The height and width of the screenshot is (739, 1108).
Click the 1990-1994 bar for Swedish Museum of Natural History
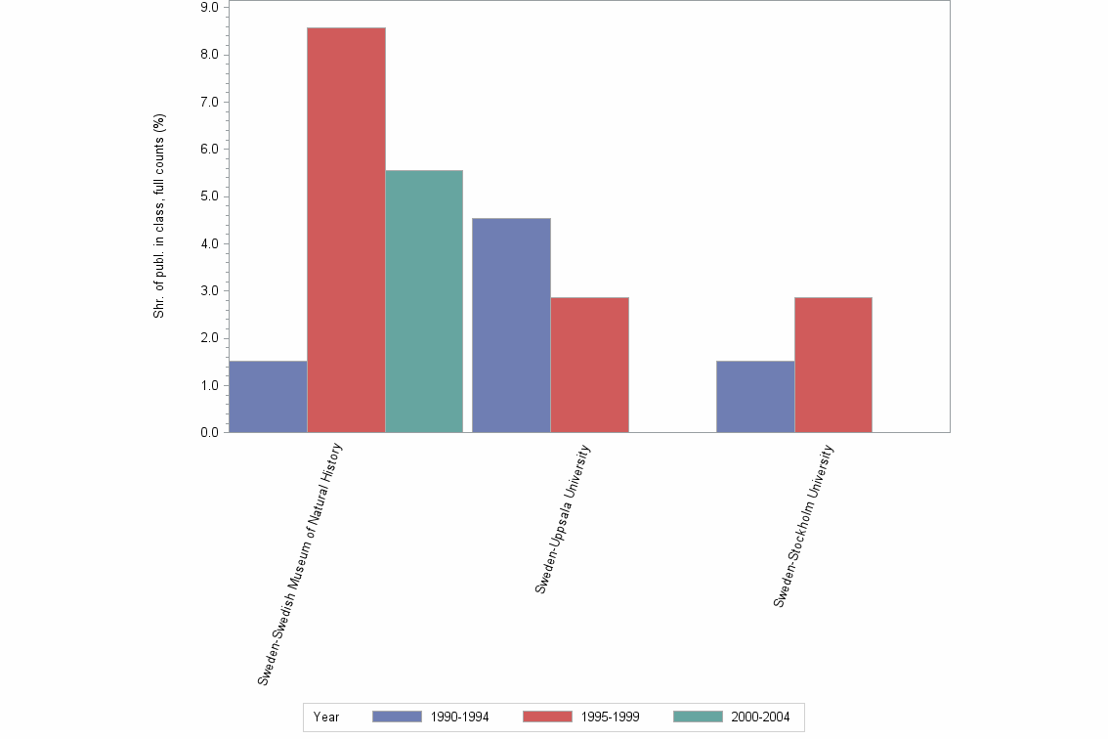(x=268, y=396)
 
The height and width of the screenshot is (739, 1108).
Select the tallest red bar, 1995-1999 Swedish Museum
(x=346, y=230)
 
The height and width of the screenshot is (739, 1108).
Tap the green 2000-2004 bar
(x=424, y=301)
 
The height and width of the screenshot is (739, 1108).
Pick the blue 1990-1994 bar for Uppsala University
(x=511, y=325)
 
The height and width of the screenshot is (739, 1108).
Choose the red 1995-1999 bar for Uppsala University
(x=589, y=365)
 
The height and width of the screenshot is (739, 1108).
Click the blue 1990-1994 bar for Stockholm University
(x=755, y=396)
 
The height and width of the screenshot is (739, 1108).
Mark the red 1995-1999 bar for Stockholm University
(x=832, y=365)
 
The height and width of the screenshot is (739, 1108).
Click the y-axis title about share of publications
(x=159, y=216)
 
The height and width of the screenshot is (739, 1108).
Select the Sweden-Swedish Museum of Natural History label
(x=300, y=562)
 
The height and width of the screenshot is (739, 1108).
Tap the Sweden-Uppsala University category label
(x=563, y=518)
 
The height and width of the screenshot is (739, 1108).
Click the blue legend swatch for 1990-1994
(x=398, y=717)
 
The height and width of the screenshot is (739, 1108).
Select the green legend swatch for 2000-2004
(x=699, y=717)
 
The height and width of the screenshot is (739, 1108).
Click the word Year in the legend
(x=326, y=717)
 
